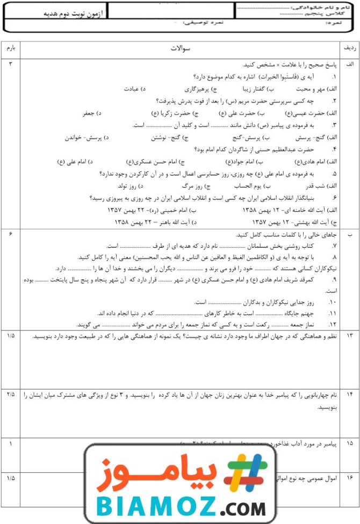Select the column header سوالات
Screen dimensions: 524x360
[180, 48]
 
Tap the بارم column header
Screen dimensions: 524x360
[11, 48]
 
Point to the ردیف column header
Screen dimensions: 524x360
[349, 48]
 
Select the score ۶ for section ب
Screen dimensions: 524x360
[11, 234]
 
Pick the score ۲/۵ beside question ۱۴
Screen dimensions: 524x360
[11, 394]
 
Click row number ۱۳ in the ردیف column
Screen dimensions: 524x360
[350, 336]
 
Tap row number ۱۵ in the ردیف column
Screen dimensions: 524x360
[350, 444]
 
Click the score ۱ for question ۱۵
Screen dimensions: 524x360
[11, 444]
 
